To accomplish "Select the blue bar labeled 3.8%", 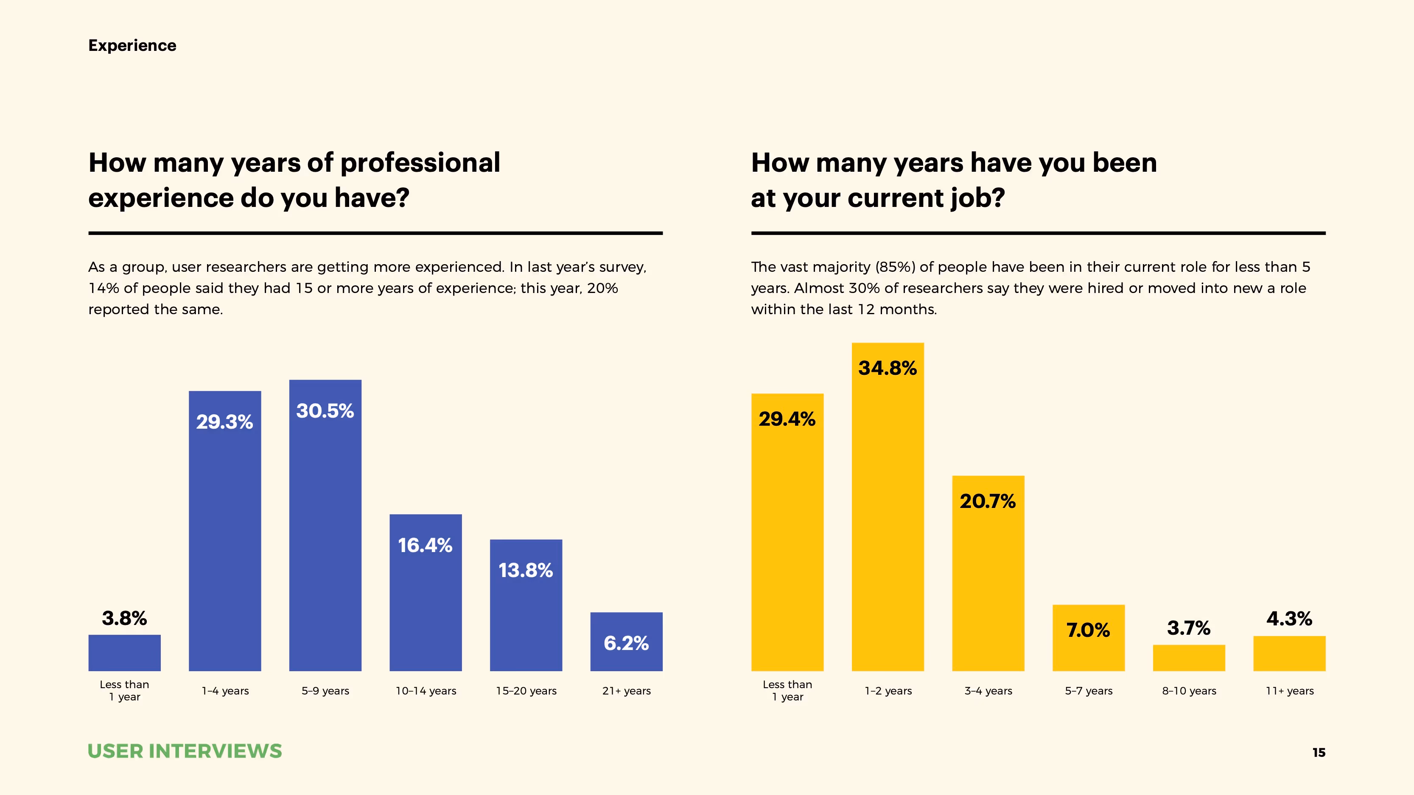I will point(125,653).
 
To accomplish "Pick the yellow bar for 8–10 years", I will point(1189,658).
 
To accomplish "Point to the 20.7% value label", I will point(988,501).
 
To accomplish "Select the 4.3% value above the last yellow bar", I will point(1289,619).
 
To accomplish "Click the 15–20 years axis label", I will point(526,691).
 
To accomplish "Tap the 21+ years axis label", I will point(626,691).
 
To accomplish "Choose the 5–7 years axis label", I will point(1089,691).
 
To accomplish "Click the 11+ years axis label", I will point(1289,691).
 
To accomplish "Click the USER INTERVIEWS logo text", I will point(185,751).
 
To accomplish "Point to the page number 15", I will point(1319,753).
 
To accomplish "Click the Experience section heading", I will point(132,45).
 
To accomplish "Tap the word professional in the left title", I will point(420,163).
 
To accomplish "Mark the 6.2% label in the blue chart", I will point(626,643).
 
